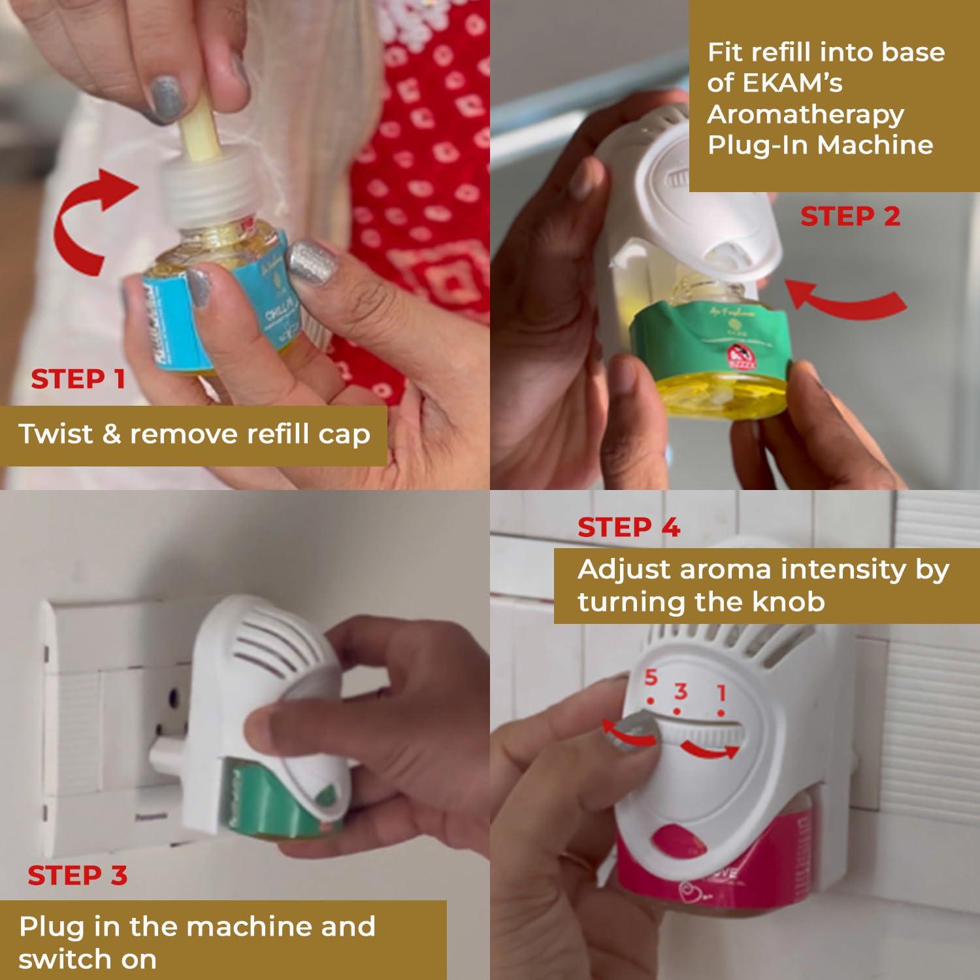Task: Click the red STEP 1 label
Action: coord(78,379)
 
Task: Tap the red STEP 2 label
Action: coord(850,216)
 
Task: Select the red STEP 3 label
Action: coord(77,875)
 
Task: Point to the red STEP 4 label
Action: coord(629,527)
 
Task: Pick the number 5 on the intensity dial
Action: coord(650,678)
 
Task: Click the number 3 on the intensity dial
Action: coord(681,691)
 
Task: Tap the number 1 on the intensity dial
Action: coord(721,693)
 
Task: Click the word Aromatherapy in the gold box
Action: coord(805,114)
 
